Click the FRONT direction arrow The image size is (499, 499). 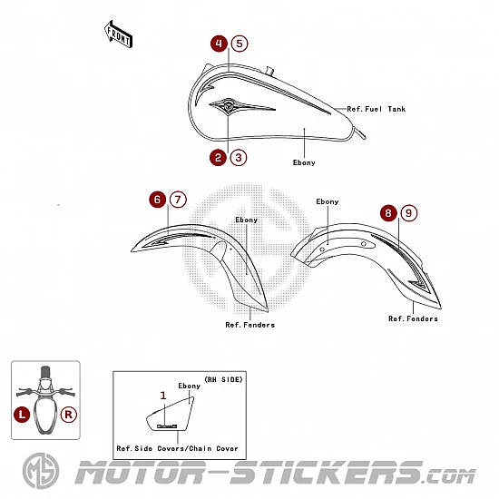tap(118, 34)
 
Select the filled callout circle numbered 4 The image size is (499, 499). tap(219, 44)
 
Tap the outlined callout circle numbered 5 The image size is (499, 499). tap(240, 44)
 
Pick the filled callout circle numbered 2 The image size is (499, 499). tap(218, 158)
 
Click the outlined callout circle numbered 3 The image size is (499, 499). tap(239, 158)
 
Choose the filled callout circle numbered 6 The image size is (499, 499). tap(158, 200)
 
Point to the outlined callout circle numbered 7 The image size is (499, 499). tap(178, 200)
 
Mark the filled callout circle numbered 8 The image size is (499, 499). tap(388, 213)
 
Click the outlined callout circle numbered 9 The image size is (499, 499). tap(409, 213)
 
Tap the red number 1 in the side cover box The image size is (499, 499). tap(163, 396)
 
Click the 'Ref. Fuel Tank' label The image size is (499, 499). tap(377, 109)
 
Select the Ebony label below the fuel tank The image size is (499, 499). tap(304, 162)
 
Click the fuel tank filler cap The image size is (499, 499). tap(270, 71)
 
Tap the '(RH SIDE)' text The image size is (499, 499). tap(223, 379)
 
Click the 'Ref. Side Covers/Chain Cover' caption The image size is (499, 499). tap(177, 448)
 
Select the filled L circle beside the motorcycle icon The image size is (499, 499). tap(22, 415)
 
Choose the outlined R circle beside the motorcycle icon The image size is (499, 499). tap(68, 415)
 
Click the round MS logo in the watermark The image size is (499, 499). tap(41, 471)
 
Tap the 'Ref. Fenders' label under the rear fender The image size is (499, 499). tap(413, 318)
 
